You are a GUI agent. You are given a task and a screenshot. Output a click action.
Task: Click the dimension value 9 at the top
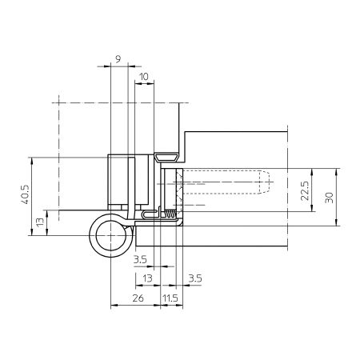coord(118,58)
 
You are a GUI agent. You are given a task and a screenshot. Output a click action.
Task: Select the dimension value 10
coord(144,77)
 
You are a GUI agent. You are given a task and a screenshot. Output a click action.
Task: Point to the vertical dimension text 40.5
coord(26,194)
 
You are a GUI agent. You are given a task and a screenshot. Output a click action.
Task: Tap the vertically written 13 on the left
coord(40,222)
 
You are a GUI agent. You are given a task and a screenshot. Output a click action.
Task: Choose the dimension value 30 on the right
coord(329,198)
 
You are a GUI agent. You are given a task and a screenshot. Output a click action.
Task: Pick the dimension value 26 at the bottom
coord(138,298)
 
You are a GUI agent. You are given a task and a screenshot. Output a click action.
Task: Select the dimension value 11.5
coord(170,298)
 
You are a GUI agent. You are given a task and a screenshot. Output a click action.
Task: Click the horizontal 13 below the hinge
coord(147,278)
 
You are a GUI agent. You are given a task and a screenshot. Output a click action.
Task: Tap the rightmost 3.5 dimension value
coord(195,278)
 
